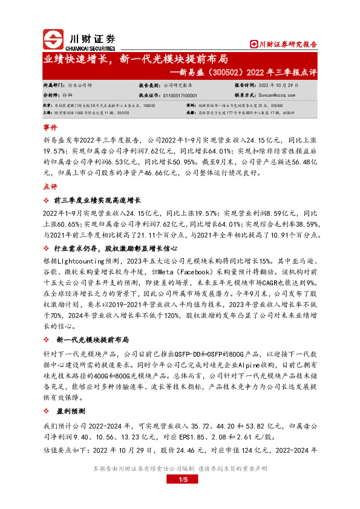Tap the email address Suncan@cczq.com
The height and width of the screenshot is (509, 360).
277,96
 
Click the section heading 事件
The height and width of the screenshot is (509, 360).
50,129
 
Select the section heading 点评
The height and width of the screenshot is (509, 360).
50,187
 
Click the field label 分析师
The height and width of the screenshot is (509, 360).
51,96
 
